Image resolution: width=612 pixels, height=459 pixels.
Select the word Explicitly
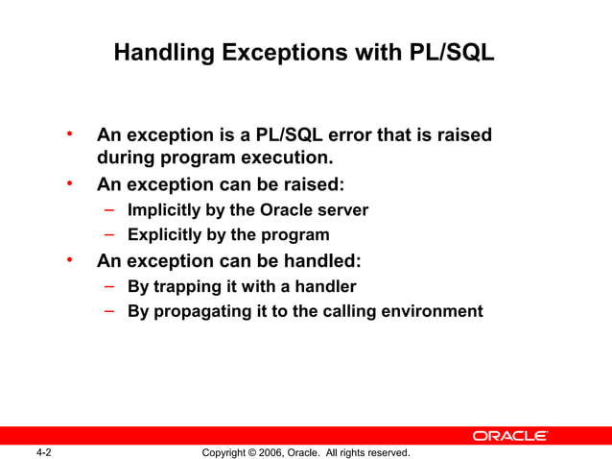165,234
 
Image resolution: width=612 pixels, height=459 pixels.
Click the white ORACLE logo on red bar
509,436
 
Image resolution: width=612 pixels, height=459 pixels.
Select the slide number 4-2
43,451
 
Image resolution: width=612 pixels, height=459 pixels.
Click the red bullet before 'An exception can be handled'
69,259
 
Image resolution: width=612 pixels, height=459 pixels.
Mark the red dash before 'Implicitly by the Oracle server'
110,208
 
